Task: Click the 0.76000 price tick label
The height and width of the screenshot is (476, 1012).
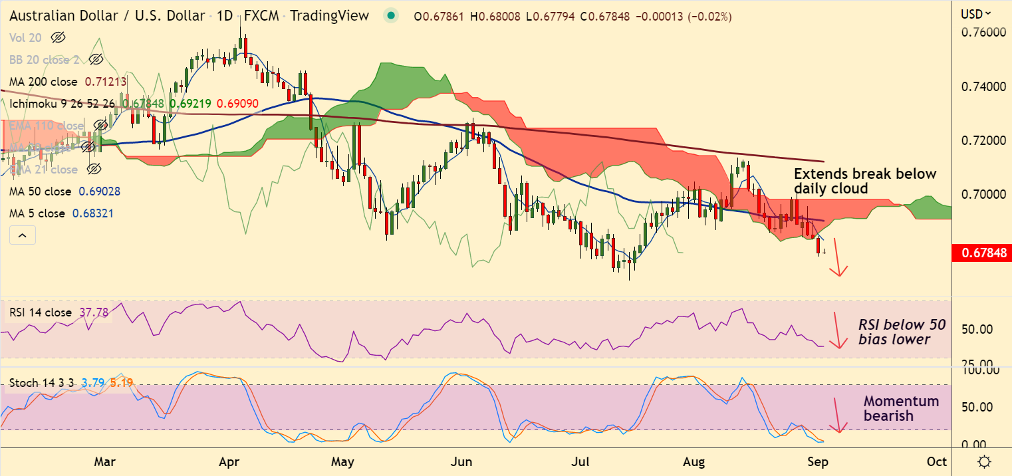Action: coord(980,33)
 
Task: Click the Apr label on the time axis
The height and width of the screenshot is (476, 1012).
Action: coord(229,461)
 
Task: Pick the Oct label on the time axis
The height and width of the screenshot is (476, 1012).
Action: coord(937,461)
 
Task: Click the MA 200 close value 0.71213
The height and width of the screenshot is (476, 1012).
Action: coord(106,82)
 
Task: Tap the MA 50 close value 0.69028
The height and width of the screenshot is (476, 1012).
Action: coord(99,191)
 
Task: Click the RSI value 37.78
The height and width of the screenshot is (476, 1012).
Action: coord(93,313)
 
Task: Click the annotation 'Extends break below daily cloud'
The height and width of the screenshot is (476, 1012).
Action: coord(864,181)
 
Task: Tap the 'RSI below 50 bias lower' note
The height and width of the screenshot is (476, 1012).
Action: coord(901,332)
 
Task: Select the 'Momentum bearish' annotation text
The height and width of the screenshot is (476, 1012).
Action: coord(901,408)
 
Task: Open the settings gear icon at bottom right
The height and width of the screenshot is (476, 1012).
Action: coord(985,461)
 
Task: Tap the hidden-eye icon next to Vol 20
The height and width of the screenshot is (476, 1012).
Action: coord(58,38)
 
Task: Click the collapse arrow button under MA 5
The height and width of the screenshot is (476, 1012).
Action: coord(22,235)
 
